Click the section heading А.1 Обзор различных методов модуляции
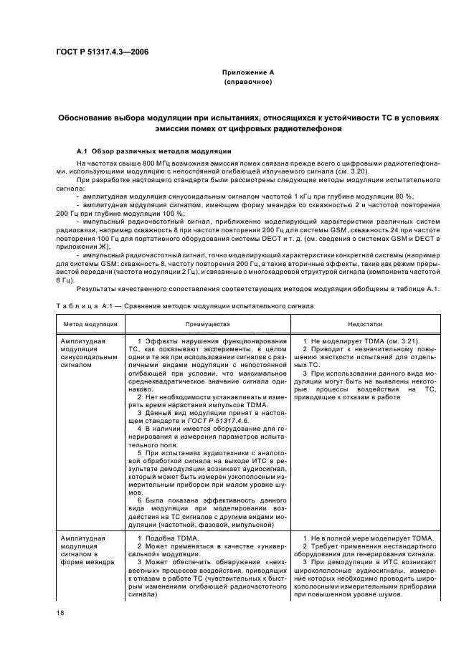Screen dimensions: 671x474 (x=153, y=151)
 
